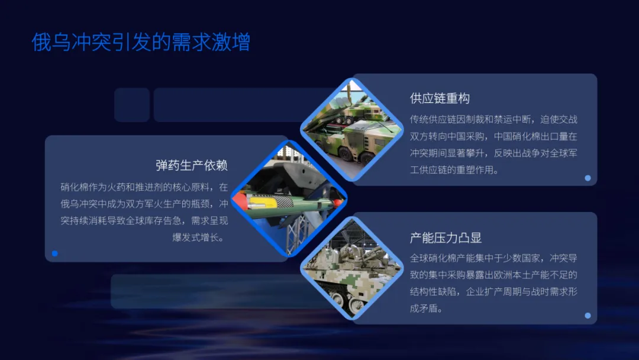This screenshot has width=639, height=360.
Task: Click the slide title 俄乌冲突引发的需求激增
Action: pyautogui.click(x=141, y=43)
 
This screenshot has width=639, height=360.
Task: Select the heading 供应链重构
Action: pyautogui.click(x=440, y=98)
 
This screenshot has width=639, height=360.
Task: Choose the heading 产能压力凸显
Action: pyautogui.click(x=446, y=238)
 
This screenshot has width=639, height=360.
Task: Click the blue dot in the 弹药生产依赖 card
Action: pyautogui.click(x=55, y=253)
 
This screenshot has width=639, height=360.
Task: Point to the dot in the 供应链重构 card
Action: pyautogui.click(x=588, y=178)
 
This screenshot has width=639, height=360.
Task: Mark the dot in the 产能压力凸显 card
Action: pyautogui.click(x=588, y=316)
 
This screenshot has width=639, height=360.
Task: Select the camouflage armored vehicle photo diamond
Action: pyautogui.click(x=351, y=269)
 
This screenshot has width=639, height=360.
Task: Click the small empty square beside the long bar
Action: pyautogui.click(x=132, y=105)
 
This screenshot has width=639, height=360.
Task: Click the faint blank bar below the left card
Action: pyautogui.click(x=213, y=291)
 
